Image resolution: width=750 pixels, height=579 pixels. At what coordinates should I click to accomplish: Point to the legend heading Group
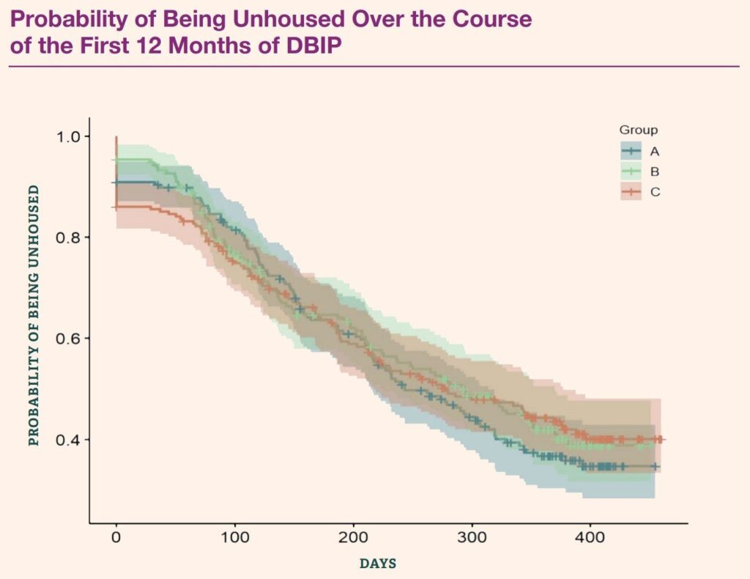(x=639, y=130)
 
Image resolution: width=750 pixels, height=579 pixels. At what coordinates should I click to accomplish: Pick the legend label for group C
(x=654, y=192)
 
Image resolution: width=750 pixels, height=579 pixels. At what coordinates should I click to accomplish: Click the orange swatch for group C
(x=631, y=192)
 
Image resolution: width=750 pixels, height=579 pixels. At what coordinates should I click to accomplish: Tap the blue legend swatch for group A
(x=631, y=152)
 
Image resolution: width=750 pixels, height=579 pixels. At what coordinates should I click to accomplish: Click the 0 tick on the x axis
(x=116, y=537)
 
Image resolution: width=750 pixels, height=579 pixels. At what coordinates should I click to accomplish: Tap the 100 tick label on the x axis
(x=234, y=537)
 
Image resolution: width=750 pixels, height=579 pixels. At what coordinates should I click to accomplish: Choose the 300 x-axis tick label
(x=472, y=537)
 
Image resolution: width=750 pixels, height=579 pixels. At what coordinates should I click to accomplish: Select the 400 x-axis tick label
(x=590, y=537)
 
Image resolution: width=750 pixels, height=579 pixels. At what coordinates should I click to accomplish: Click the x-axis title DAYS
(x=378, y=564)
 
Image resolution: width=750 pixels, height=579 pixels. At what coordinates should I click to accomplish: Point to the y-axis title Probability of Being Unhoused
(x=34, y=315)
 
